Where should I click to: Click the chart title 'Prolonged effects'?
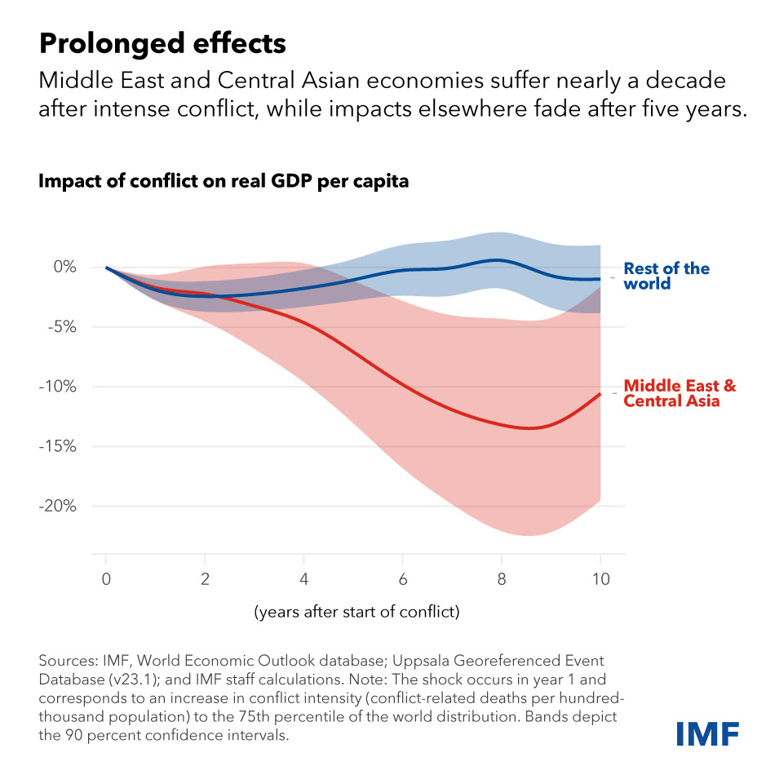click(162, 43)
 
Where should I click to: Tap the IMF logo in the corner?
click(706, 733)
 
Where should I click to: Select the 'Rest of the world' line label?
click(666, 276)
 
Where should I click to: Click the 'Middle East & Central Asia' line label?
click(679, 393)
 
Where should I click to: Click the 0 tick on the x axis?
click(106, 579)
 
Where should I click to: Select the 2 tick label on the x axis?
click(205, 579)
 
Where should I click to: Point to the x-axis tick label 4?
click(303, 579)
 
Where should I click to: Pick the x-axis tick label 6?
click(403, 579)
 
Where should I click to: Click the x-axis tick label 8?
click(502, 579)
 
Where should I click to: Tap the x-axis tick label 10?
click(600, 579)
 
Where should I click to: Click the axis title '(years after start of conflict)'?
click(357, 611)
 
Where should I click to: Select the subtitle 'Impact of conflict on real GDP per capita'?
click(224, 181)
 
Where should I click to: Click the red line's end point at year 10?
click(600, 394)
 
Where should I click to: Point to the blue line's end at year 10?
click(600, 279)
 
